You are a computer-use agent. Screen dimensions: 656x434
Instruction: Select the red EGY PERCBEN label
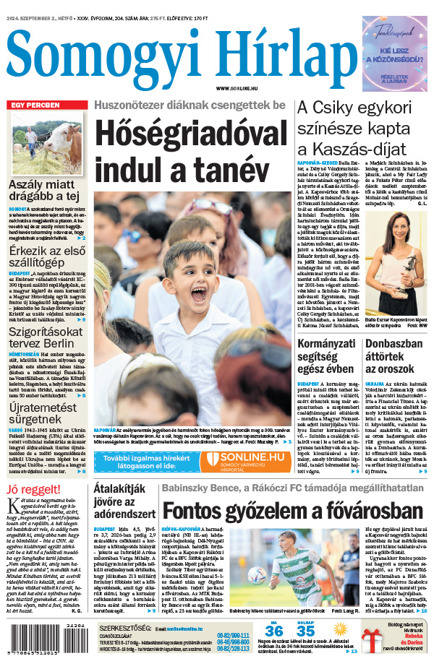[34, 105]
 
